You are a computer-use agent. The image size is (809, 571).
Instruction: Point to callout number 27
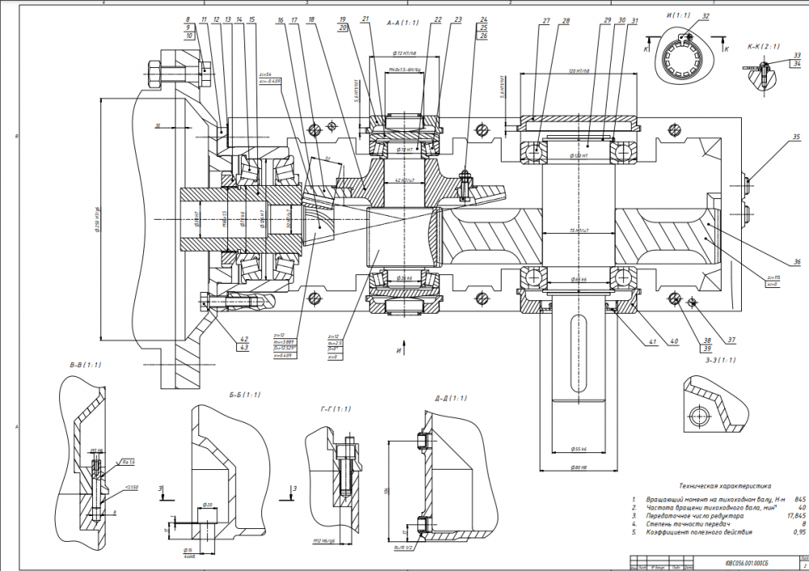[546, 20]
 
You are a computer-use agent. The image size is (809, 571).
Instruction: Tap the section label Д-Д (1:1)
[450, 398]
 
